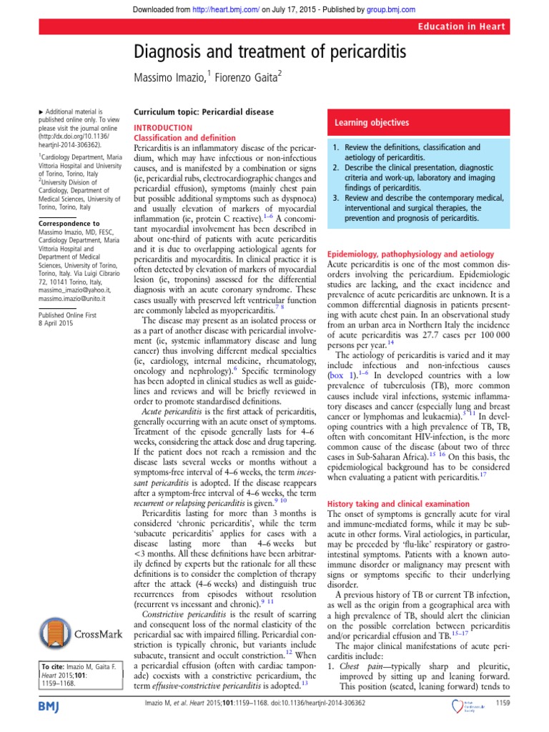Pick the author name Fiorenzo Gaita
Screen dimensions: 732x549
click(243, 77)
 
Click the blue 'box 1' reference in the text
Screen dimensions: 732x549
click(339, 375)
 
